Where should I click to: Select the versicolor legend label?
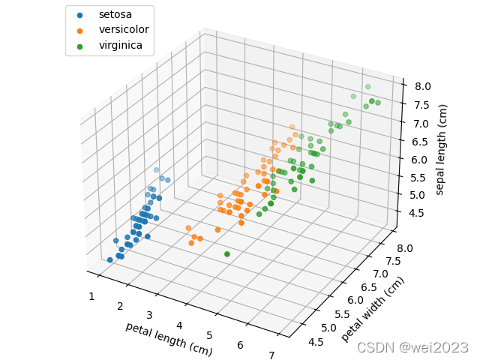pos(124,30)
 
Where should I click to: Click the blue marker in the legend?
pos(80,14)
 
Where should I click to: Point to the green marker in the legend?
pos(80,46)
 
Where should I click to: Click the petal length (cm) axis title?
pos(169,338)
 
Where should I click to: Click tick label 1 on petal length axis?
pos(91,296)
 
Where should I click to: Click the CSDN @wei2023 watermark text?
pos(412,347)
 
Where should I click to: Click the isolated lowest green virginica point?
pos(226,254)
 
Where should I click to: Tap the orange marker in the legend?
pos(80,30)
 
